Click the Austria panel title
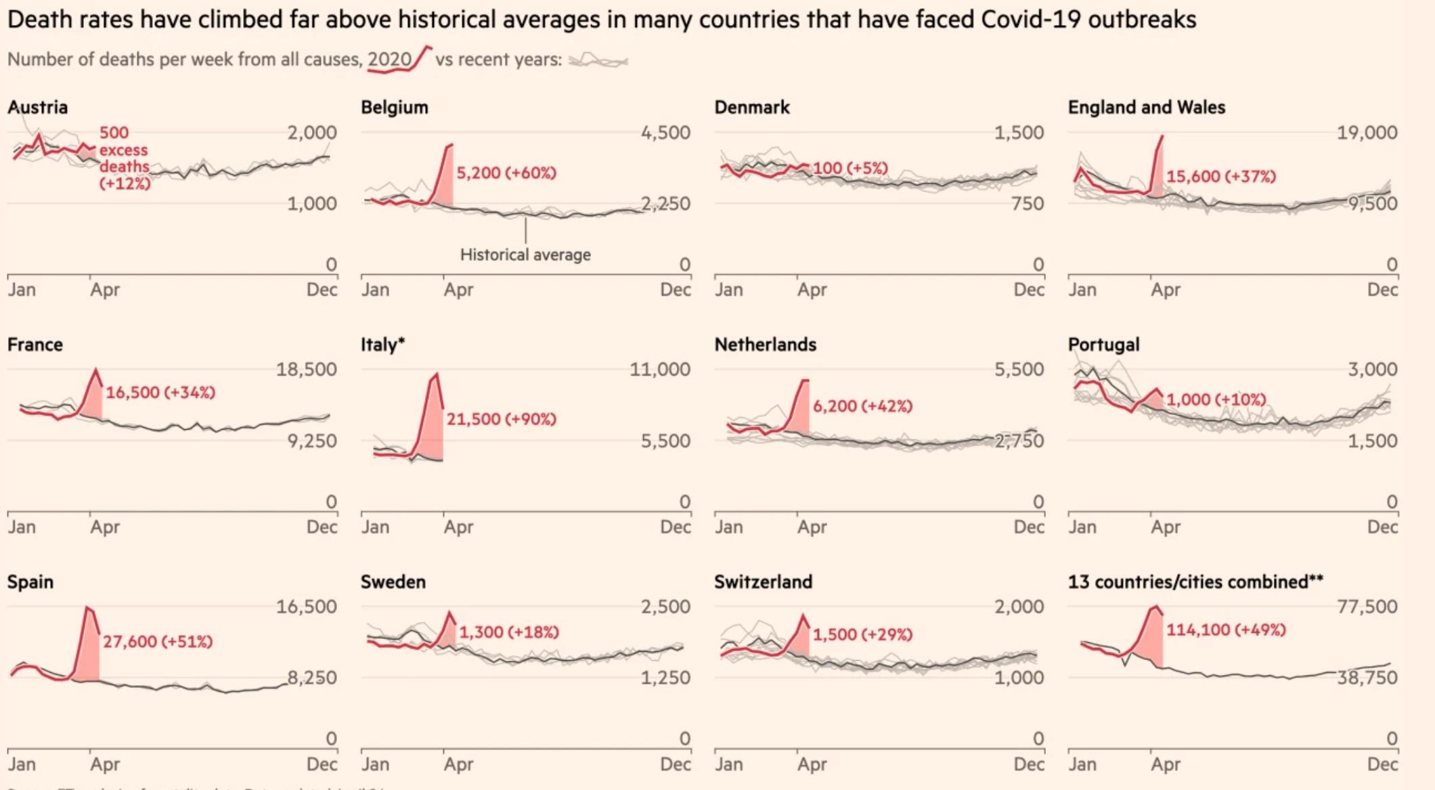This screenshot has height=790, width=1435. tap(38, 108)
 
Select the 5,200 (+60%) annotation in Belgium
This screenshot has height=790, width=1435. tap(506, 173)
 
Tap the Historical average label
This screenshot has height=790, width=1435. tap(525, 255)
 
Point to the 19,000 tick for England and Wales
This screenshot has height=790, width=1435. tap(1367, 133)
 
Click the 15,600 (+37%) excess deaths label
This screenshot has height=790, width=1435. tap(1220, 177)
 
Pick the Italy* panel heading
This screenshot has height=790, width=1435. tap(382, 345)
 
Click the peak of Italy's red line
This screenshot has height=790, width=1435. tap(437, 374)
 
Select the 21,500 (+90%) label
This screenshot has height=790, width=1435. tap(501, 420)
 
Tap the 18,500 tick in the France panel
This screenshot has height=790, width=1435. tap(306, 370)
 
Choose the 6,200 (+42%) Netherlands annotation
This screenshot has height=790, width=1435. tap(862, 406)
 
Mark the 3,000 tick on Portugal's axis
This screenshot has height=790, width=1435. tap(1372, 370)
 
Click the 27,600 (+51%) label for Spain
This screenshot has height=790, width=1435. tap(158, 642)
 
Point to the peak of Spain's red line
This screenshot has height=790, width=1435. tap(87, 607)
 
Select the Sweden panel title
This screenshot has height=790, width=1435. tap(393, 582)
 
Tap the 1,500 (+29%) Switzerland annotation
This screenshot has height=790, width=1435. tap(862, 635)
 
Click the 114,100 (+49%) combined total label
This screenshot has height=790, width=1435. tap(1226, 630)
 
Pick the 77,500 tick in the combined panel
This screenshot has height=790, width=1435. tap(1367, 607)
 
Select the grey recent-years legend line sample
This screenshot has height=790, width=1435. tap(598, 61)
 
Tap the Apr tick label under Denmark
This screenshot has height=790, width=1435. tap(812, 290)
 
